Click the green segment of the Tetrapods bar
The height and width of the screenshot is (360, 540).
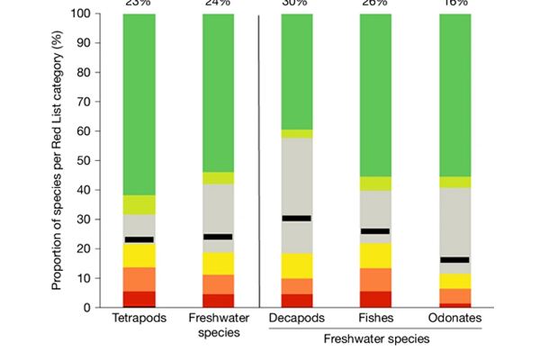(139, 103)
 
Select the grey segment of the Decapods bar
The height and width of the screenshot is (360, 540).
(297, 180)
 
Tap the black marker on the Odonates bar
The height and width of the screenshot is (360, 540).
(455, 259)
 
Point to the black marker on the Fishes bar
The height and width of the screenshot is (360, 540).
(376, 231)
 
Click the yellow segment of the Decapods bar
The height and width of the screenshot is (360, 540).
(297, 266)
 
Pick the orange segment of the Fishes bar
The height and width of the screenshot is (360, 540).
(376, 280)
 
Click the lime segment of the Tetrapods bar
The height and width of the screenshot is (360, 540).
(139, 204)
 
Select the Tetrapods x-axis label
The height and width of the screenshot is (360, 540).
(139, 319)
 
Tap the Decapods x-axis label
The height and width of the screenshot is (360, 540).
(297, 319)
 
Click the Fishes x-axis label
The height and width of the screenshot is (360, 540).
(376, 319)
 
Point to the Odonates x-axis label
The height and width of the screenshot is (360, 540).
(455, 319)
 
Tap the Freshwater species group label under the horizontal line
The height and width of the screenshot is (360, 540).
(376, 339)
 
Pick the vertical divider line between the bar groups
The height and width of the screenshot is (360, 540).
(258, 162)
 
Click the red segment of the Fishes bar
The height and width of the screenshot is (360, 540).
(376, 299)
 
